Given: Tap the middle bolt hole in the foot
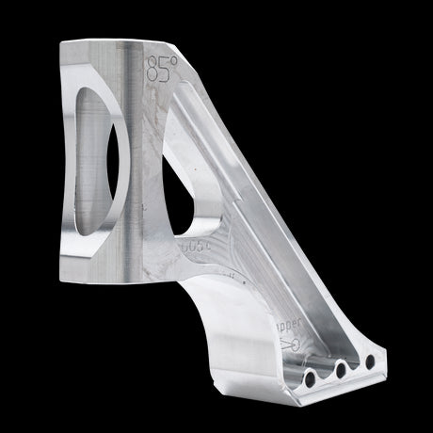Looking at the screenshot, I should [340, 370].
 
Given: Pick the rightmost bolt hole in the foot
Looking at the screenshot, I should [369, 361].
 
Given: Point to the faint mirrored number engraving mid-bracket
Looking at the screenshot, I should [195, 247].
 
